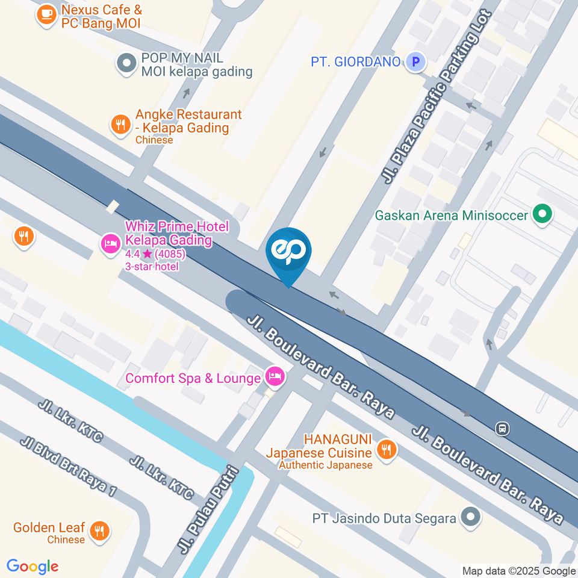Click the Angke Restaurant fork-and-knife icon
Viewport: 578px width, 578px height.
tap(120, 125)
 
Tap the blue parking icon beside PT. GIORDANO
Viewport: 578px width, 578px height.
tap(415, 61)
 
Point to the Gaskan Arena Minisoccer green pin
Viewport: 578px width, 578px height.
tap(542, 214)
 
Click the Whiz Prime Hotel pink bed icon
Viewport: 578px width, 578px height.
tap(110, 244)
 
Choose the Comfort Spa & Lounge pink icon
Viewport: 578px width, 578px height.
tap(276, 377)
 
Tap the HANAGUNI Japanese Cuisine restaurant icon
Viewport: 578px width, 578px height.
tap(385, 449)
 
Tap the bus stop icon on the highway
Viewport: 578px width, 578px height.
tap(501, 429)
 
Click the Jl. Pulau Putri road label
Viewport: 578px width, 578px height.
tap(211, 509)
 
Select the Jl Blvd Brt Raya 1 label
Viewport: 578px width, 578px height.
tap(68, 466)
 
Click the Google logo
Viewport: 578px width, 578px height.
tap(33, 567)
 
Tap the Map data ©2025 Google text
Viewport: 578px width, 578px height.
tap(519, 571)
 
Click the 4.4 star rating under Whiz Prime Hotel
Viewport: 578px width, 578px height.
tap(155, 254)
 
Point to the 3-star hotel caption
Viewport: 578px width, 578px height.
tap(152, 266)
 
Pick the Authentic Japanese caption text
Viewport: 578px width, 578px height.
tap(325, 464)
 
